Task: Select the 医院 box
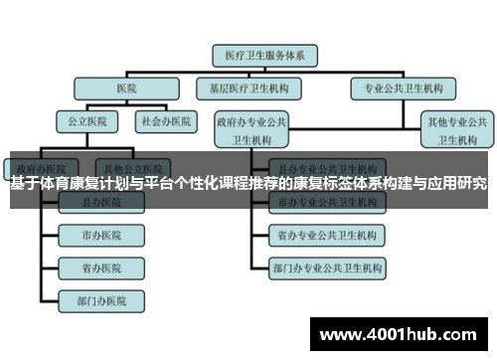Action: (126, 88)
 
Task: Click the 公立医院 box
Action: (85, 121)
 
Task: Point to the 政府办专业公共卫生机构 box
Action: (251, 129)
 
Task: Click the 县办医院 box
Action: (102, 202)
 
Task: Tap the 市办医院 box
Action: (102, 236)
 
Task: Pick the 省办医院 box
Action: (102, 269)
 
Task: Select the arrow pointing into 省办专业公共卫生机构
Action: (261, 236)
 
